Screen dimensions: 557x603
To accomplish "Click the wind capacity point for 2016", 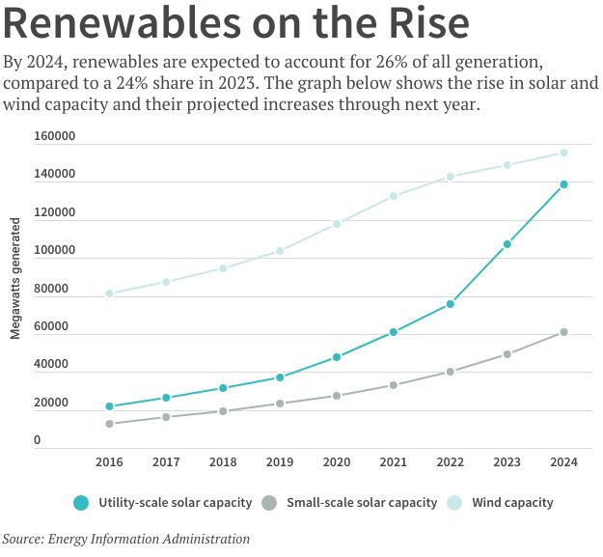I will point(110,293).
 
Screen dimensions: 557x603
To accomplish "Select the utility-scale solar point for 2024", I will point(563,184).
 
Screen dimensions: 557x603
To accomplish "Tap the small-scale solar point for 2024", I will point(563,332).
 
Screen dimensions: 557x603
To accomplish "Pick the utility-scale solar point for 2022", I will point(451,304).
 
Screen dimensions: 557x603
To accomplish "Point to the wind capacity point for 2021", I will point(394,196).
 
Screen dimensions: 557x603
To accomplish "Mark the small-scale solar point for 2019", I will point(280,404).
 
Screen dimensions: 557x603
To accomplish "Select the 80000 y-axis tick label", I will point(57,289).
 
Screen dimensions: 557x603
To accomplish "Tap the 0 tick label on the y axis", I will point(38,440).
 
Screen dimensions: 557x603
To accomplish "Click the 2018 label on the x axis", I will point(223,461).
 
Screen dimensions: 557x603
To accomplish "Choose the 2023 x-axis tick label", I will point(507,461).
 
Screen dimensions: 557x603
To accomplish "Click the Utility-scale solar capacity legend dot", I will point(81,502).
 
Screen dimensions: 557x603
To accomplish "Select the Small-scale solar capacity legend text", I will point(363,502).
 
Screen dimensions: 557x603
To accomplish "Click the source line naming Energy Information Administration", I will point(126,539).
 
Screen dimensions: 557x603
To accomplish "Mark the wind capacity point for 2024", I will point(563,153).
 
